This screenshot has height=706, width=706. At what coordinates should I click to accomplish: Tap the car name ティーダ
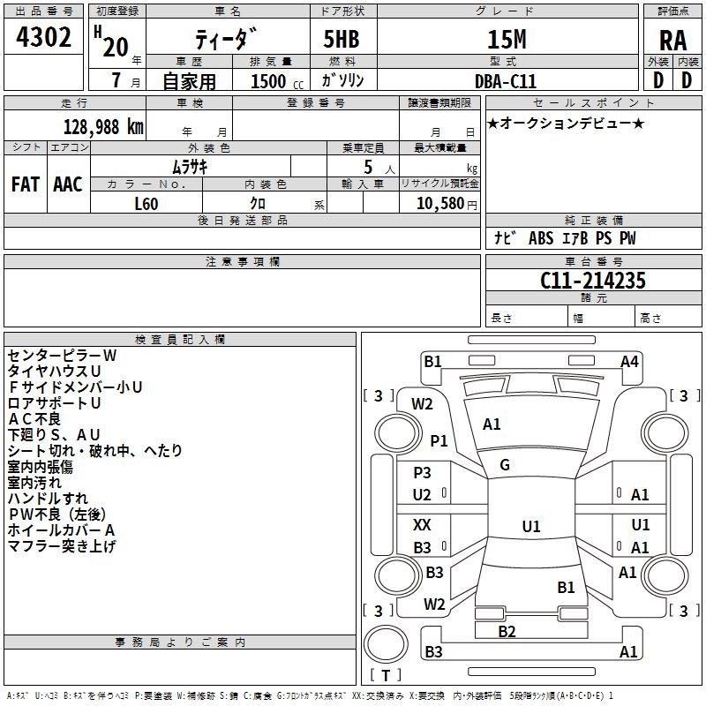click(x=227, y=40)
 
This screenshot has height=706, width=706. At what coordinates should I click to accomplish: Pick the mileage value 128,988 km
click(x=102, y=127)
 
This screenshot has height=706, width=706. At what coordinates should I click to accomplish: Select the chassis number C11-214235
click(x=593, y=282)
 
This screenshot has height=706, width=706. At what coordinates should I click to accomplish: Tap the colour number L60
click(x=146, y=204)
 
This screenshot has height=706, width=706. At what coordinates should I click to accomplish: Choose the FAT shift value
click(x=25, y=184)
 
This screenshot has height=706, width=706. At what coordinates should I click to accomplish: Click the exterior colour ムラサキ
click(x=189, y=167)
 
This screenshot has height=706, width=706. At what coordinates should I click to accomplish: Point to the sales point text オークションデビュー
click(x=566, y=124)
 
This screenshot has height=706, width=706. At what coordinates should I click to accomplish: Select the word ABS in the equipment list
click(x=540, y=238)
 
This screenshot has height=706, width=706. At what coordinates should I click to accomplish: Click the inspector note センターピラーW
click(x=62, y=355)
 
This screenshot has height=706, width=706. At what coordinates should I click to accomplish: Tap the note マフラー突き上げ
click(x=62, y=546)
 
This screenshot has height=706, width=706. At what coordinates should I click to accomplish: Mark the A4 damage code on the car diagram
click(x=629, y=361)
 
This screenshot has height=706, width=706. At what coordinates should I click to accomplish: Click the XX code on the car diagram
click(x=422, y=524)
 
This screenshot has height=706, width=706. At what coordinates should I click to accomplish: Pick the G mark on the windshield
click(x=505, y=464)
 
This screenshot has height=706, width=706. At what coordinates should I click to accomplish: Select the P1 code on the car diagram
click(x=439, y=439)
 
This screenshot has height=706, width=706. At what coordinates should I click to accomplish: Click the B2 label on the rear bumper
click(x=507, y=631)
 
